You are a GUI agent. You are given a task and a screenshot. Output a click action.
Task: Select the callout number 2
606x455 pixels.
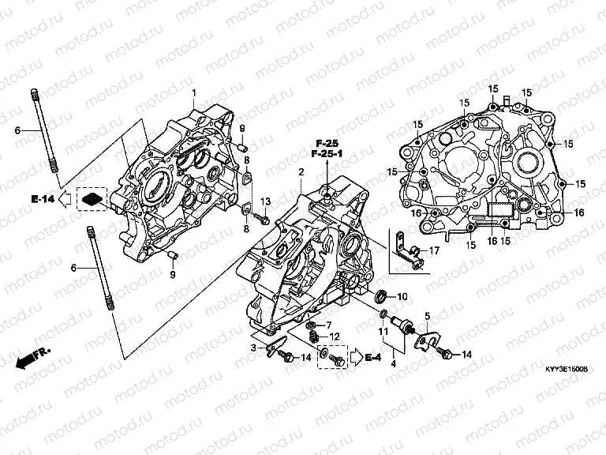pyautogui.click(x=301, y=171)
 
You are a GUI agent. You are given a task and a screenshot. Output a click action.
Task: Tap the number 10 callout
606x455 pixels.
pyautogui.click(x=402, y=297)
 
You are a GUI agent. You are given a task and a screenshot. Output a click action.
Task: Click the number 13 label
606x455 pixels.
pyautogui.click(x=266, y=201)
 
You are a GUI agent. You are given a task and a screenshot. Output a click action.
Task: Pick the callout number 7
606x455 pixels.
pyautogui.click(x=329, y=325)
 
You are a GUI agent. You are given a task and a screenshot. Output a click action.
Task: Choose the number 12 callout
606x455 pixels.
pyautogui.click(x=335, y=337)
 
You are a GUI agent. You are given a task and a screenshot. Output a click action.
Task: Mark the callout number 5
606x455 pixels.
pyautogui.click(x=428, y=316)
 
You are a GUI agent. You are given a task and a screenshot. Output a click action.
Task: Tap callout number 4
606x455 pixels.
pyautogui.click(x=392, y=363)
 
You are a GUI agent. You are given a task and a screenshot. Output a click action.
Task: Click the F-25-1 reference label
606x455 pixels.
pyautogui.click(x=327, y=153)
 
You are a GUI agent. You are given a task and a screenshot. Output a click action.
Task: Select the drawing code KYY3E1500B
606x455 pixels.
pyautogui.click(x=567, y=369)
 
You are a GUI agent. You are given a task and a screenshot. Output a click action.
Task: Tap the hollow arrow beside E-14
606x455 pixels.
pyautogui.click(x=67, y=198)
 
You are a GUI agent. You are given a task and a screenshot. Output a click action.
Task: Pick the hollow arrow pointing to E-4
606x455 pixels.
pyautogui.click(x=354, y=358)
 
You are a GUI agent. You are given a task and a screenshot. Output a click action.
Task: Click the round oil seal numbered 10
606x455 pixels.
pyautogui.click(x=380, y=297)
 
